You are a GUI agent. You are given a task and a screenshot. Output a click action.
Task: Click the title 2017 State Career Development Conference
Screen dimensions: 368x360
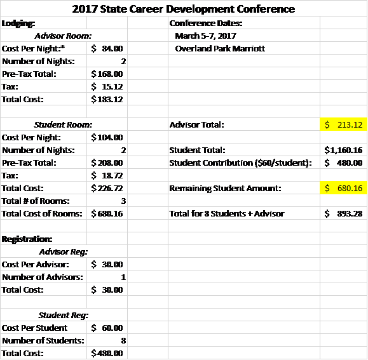point(183,9)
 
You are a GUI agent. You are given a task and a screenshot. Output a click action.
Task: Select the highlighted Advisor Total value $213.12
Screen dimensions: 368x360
point(344,124)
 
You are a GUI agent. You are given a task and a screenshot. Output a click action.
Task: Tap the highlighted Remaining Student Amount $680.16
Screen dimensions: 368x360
point(344,188)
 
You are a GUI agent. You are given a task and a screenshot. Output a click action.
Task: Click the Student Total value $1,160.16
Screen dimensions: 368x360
point(343,150)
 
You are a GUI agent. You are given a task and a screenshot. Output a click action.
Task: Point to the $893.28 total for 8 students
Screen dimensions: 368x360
point(344,213)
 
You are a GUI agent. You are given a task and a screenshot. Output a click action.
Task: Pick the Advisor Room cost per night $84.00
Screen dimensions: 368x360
point(107,48)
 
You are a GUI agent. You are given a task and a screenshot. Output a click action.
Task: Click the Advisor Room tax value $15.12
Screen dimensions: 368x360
point(107,87)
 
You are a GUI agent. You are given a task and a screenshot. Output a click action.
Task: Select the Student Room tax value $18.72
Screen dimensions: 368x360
point(107,175)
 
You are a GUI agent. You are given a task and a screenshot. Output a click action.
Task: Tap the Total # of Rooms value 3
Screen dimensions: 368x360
point(123,201)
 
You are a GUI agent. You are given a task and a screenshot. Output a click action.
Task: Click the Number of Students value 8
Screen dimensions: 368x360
point(123,340)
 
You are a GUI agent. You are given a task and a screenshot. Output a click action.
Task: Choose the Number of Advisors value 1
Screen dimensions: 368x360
point(123,277)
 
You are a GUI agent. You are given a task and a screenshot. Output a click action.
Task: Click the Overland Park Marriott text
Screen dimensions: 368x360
point(220,48)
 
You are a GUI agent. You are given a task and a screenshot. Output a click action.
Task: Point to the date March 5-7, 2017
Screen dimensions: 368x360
point(205,36)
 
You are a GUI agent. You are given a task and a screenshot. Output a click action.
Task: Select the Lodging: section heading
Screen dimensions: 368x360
point(18,23)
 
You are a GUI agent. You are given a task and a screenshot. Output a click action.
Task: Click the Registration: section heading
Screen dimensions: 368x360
point(27,239)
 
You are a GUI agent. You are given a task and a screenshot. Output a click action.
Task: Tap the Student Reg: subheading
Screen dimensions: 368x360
point(64,315)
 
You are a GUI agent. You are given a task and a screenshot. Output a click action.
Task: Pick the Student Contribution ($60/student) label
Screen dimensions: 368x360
point(240,163)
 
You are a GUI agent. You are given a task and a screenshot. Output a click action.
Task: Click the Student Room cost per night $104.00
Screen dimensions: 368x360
point(107,137)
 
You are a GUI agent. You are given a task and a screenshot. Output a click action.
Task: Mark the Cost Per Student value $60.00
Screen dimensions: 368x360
point(107,328)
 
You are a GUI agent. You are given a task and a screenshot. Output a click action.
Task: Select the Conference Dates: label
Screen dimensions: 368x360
point(206,23)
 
